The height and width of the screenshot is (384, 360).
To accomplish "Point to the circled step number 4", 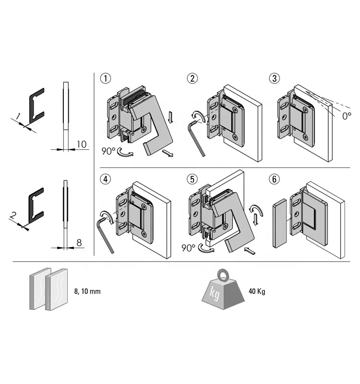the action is click(104, 180).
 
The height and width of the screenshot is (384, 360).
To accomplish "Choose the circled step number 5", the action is click(192, 180).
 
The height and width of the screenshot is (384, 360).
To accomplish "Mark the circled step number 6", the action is click(274, 180).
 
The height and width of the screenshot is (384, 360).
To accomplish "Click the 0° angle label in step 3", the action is click(346, 115).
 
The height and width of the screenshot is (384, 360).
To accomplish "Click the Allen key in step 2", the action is click(197, 139).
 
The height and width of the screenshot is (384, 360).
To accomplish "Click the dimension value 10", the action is click(81, 144).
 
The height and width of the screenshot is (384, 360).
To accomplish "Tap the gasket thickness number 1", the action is click(18, 116).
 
